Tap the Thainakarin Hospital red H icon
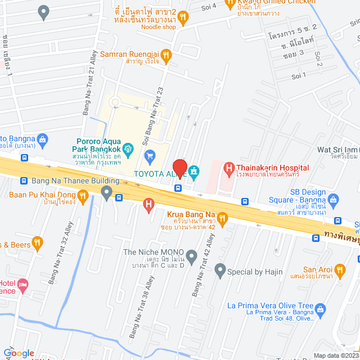tap(229, 168)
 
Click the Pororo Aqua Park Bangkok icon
tap(128, 148)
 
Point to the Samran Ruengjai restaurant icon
tap(165, 55)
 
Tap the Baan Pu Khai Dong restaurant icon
tap(83, 195)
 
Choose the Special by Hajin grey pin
tap(220, 271)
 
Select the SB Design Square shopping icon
tap(333, 199)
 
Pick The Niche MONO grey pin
tap(192, 257)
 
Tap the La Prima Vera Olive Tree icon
tap(320, 308)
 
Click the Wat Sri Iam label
tap(337, 150)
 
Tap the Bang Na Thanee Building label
tap(75, 181)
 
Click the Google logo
tap(18, 353)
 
